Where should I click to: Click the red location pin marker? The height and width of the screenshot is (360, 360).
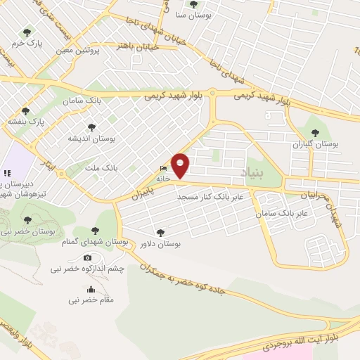[x=181, y=165]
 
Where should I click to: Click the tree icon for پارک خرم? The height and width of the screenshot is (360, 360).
[x=27, y=32]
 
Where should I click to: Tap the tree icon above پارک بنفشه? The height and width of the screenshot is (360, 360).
[x=26, y=111]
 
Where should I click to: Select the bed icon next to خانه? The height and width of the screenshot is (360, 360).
[x=164, y=169]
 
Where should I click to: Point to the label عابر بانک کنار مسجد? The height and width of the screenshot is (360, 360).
[x=210, y=197]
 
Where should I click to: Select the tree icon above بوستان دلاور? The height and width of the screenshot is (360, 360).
[x=161, y=233]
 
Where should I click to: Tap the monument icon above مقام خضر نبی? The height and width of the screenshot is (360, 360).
[x=91, y=290]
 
